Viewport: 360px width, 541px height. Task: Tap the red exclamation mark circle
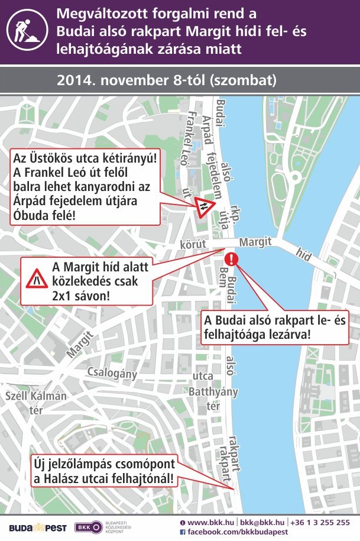click(x=232, y=258)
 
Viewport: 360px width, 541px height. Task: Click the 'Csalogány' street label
click(x=112, y=373)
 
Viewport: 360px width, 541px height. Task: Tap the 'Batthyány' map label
click(x=213, y=392)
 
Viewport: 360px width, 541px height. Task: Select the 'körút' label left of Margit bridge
click(x=193, y=244)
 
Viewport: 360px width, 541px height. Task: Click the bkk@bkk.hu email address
click(x=261, y=523)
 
